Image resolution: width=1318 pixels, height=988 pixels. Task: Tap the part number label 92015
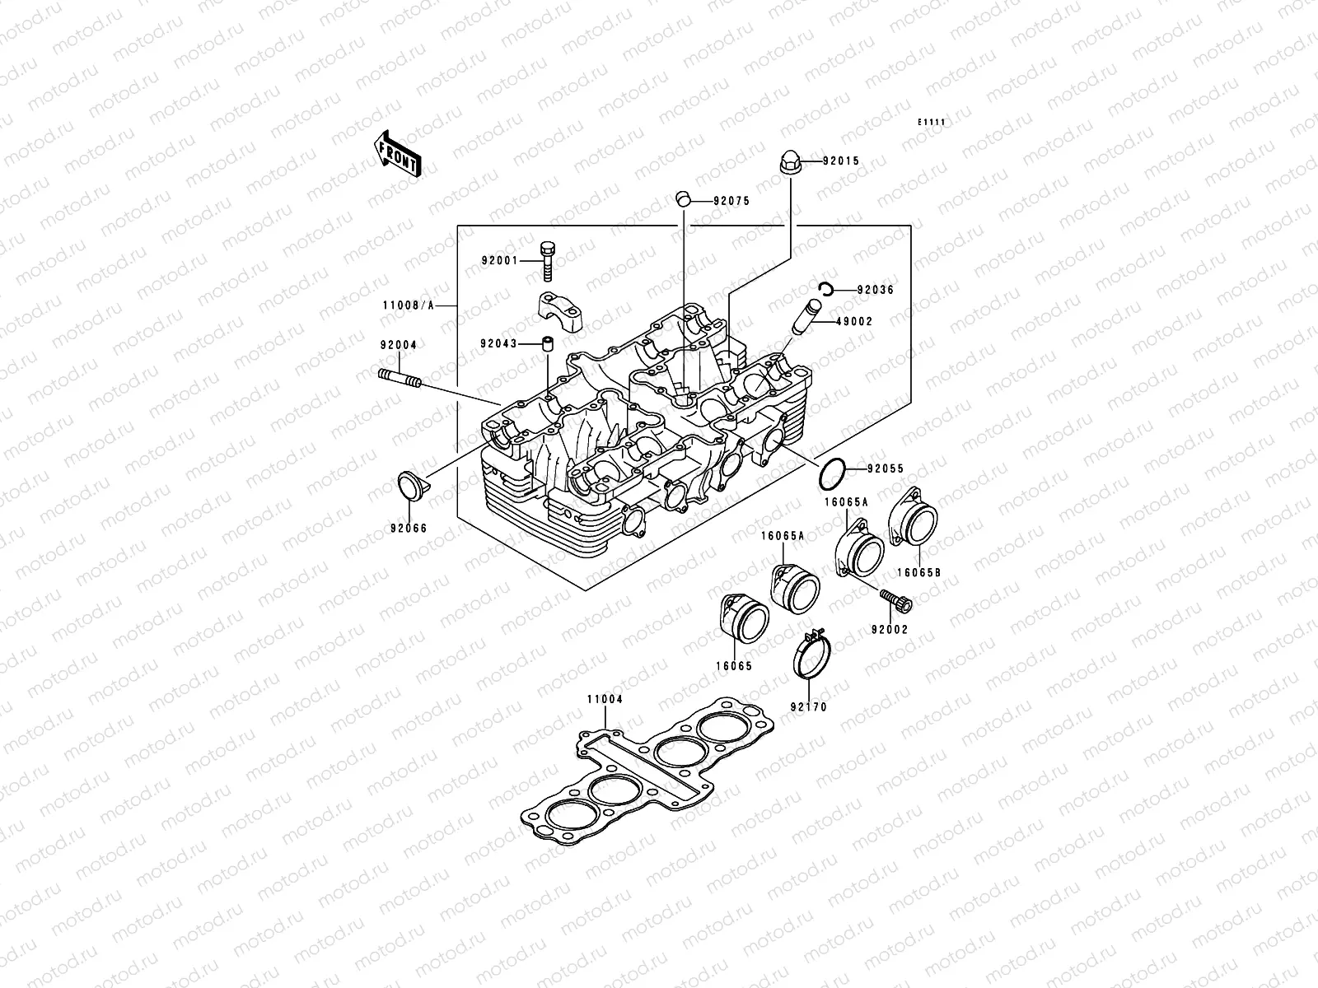(840, 161)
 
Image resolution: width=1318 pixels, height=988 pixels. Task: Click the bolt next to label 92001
(548, 261)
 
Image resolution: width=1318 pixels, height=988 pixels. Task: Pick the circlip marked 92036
(827, 288)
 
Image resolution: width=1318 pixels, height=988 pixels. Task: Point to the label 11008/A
(408, 305)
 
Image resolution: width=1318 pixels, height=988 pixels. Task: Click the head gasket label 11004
(605, 700)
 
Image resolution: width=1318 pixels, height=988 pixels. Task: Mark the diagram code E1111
(932, 123)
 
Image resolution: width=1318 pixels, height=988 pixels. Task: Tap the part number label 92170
(808, 706)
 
